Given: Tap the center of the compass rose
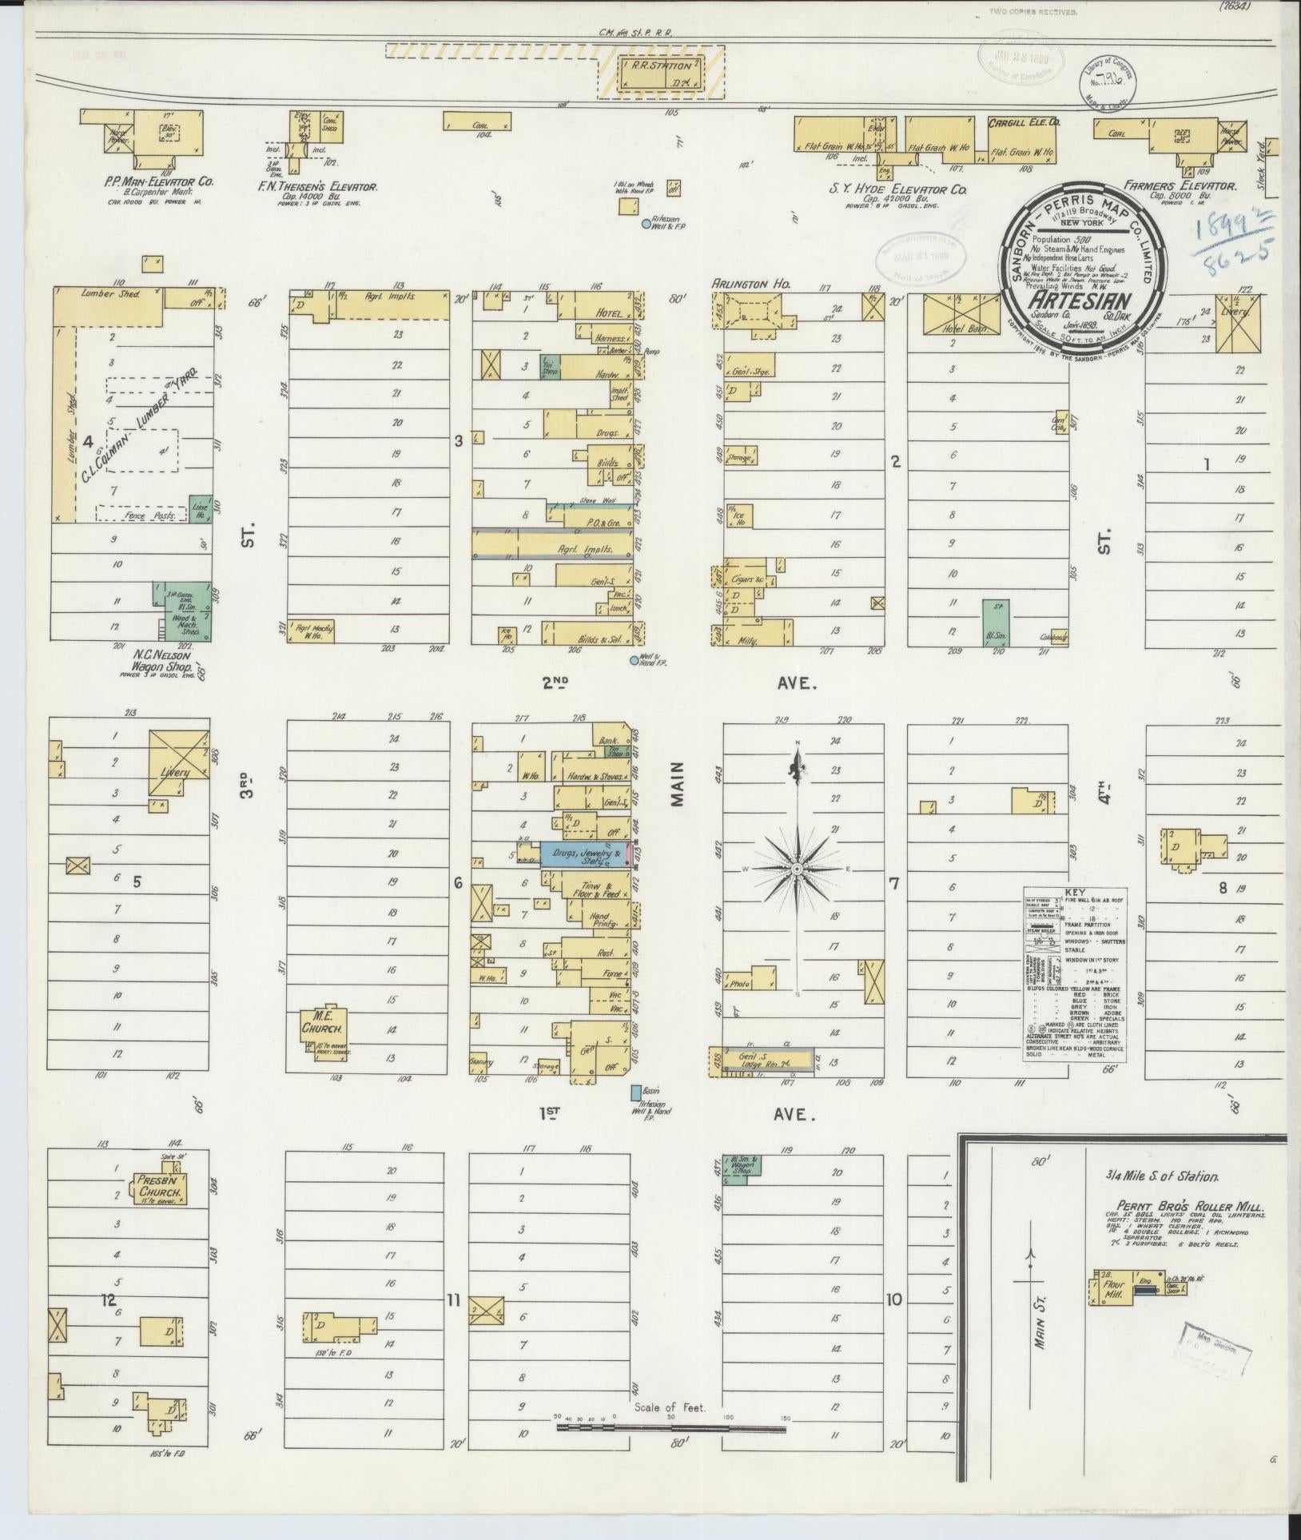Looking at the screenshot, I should tap(797, 868).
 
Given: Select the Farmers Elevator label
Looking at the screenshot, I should tap(1180, 185).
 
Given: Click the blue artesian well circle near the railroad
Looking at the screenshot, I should tap(646, 225).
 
